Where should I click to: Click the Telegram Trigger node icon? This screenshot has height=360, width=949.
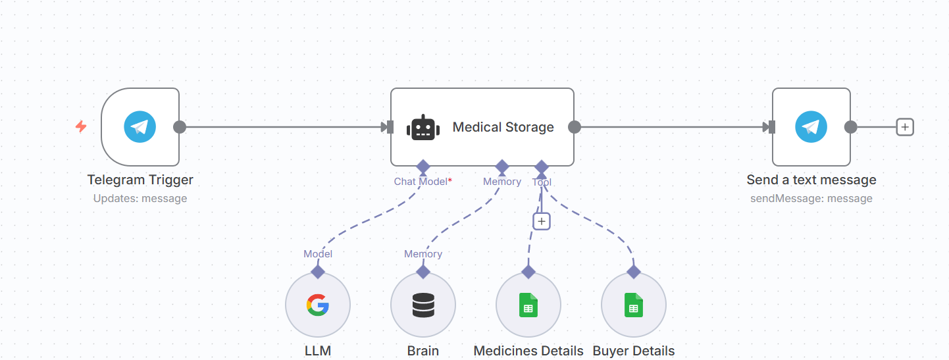point(140,126)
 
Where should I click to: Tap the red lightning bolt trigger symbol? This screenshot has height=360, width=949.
point(81,126)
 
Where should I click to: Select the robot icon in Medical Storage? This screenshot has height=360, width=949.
point(423,127)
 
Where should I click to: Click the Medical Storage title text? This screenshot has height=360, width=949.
point(503,127)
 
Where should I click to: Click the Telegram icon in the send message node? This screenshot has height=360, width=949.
point(811,126)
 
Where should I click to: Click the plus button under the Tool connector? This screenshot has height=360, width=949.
point(542,221)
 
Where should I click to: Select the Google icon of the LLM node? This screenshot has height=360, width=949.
point(318,305)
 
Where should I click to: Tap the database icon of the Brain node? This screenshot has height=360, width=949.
point(423,305)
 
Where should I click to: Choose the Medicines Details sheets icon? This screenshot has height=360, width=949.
point(528,305)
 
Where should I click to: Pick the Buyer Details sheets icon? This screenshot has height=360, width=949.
point(633,305)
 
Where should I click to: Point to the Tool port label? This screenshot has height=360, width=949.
point(542,182)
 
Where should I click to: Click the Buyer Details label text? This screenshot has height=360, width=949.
point(633,351)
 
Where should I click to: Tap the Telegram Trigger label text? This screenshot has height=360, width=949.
point(140,180)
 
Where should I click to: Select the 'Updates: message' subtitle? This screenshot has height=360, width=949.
point(140,198)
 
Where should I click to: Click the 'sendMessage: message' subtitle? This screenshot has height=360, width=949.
point(811,198)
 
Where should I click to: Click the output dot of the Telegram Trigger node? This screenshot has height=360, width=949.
point(180,126)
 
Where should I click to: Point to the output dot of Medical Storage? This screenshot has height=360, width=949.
point(574,126)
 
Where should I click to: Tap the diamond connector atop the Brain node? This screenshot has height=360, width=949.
point(423,272)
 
